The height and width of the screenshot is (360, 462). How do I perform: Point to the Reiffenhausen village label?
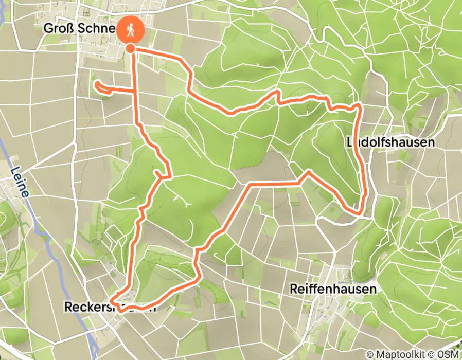tap(333, 289)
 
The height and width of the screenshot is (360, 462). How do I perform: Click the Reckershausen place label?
tap(109, 307)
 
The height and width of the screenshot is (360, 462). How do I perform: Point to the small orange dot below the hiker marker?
tap(131, 48)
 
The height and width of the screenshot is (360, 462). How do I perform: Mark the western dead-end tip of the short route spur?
tap(96, 85)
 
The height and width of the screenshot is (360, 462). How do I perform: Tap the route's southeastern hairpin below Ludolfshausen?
tap(360, 211)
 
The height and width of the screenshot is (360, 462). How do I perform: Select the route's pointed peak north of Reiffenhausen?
tap(309, 171)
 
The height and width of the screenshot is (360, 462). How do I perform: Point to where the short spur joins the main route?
tap(136, 91)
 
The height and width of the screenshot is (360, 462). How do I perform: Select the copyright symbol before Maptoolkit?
tap(370, 355)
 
